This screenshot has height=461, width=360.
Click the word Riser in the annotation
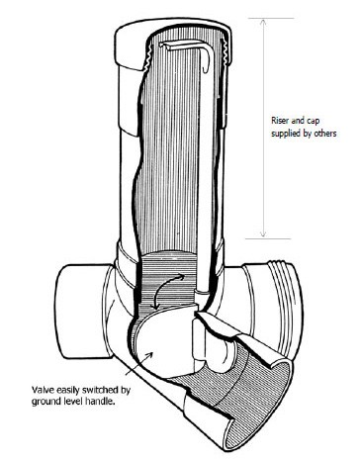(x=280, y=121)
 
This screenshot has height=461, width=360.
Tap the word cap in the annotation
(x=313, y=122)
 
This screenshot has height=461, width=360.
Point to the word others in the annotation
(x=324, y=134)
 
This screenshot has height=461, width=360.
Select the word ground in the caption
(x=44, y=402)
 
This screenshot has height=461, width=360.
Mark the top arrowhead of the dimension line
(x=263, y=23)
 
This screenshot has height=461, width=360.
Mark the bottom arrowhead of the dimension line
(x=263, y=233)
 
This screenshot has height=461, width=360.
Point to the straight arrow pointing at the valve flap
(x=139, y=363)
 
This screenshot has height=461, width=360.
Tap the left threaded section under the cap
(x=146, y=56)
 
